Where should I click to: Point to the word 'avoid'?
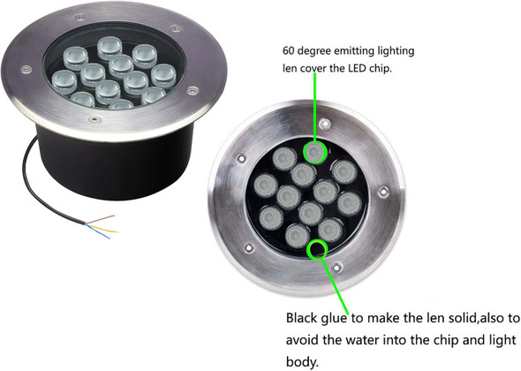coord(304,339)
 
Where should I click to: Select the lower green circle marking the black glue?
coord(315,250)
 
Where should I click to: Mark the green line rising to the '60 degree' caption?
coord(317,110)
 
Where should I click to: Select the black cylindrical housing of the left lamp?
coord(97,163)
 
